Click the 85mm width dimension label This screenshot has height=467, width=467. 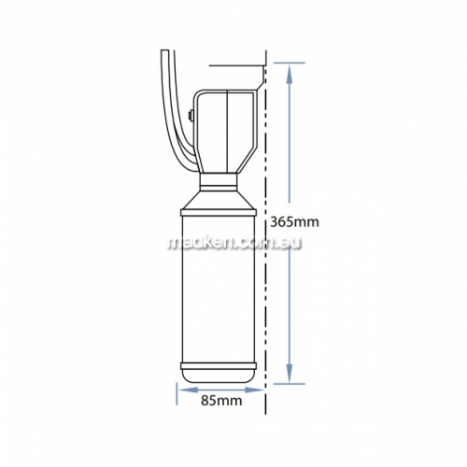click(x=221, y=401)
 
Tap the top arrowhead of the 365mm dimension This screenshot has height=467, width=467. click(x=290, y=74)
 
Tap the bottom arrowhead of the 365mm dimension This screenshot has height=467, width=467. click(x=290, y=373)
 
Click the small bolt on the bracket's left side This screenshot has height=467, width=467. click(x=191, y=116)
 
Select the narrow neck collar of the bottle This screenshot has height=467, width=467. click(x=218, y=181)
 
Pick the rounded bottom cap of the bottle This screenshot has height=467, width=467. click(x=219, y=377)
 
